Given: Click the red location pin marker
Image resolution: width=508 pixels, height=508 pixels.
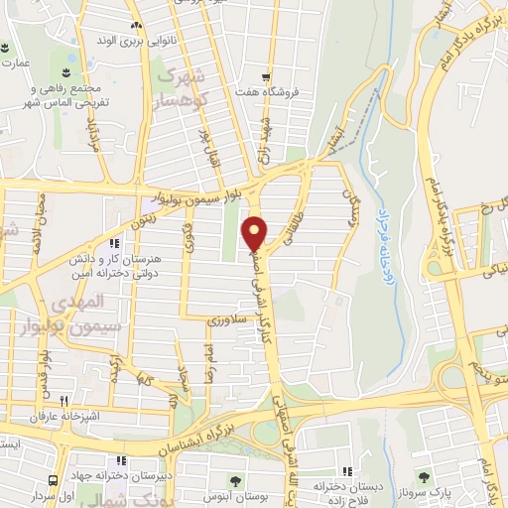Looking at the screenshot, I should tap(255, 233).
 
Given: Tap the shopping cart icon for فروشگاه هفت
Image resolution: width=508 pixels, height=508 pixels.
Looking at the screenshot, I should tap(265, 76).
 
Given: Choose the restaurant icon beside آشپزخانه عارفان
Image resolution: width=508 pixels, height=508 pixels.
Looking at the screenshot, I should tap(63, 400).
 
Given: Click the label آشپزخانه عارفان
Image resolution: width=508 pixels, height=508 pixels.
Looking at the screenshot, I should tap(37, 416).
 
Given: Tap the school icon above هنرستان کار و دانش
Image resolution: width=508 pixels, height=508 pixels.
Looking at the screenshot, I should tap(116, 242).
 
